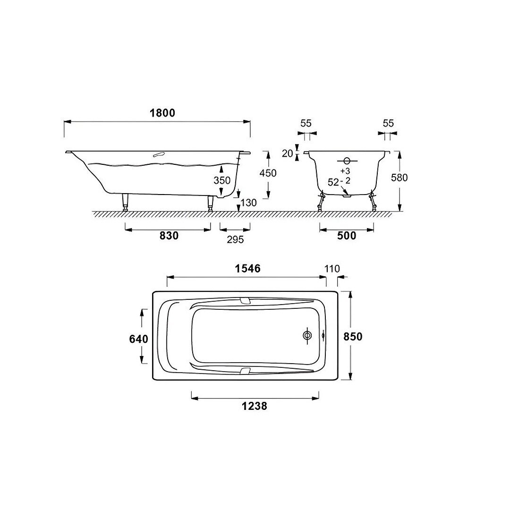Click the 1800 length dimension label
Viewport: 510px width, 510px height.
pos(162,113)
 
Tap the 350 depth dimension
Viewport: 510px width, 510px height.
pos(222,180)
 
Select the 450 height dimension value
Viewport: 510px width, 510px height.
pos(268,173)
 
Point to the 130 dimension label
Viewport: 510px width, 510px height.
pos(248,203)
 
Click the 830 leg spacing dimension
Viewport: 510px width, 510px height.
pos(169,235)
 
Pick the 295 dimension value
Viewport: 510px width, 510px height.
pos(235,239)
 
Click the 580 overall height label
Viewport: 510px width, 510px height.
pos(399,178)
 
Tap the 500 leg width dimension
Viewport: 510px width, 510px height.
pos(347,235)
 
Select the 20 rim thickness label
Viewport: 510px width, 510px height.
pos(288,153)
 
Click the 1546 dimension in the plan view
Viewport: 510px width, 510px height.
pos(248,268)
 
